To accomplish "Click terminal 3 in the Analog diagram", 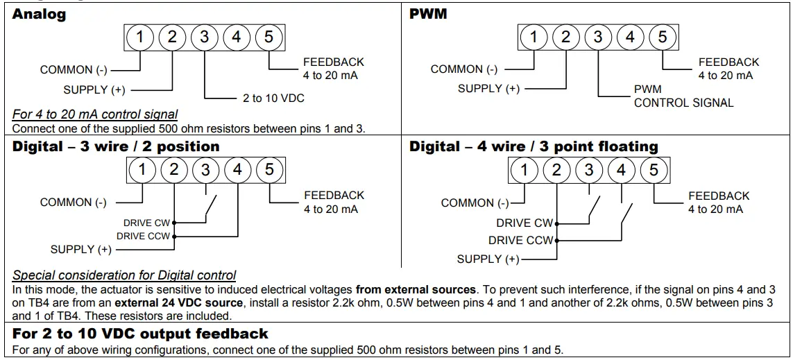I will (x=204, y=37).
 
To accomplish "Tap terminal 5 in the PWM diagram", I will (x=662, y=37).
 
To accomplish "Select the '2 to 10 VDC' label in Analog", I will (x=273, y=98).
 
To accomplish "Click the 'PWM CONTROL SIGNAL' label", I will (x=683, y=96).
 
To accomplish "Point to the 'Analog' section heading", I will (x=39, y=14).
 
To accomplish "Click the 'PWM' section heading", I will (x=428, y=14).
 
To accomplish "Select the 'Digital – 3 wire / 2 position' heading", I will (x=116, y=146).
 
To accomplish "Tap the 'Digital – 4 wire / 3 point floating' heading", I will (x=534, y=146).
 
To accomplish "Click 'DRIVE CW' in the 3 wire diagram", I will (x=146, y=223).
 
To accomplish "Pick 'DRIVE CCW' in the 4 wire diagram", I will (x=520, y=240).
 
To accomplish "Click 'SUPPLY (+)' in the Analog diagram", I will (x=95, y=89).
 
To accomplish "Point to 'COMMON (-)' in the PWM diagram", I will (x=464, y=69).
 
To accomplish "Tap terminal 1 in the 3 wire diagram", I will (x=142, y=169).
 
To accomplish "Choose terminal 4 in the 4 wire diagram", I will (x=621, y=170).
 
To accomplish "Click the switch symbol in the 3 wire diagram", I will (x=210, y=207).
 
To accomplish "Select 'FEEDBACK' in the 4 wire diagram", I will (x=719, y=196).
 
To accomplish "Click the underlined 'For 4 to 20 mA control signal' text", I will (x=95, y=114).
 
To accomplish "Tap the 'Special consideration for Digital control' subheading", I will (x=124, y=275).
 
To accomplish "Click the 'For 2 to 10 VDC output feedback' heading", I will (x=140, y=334).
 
